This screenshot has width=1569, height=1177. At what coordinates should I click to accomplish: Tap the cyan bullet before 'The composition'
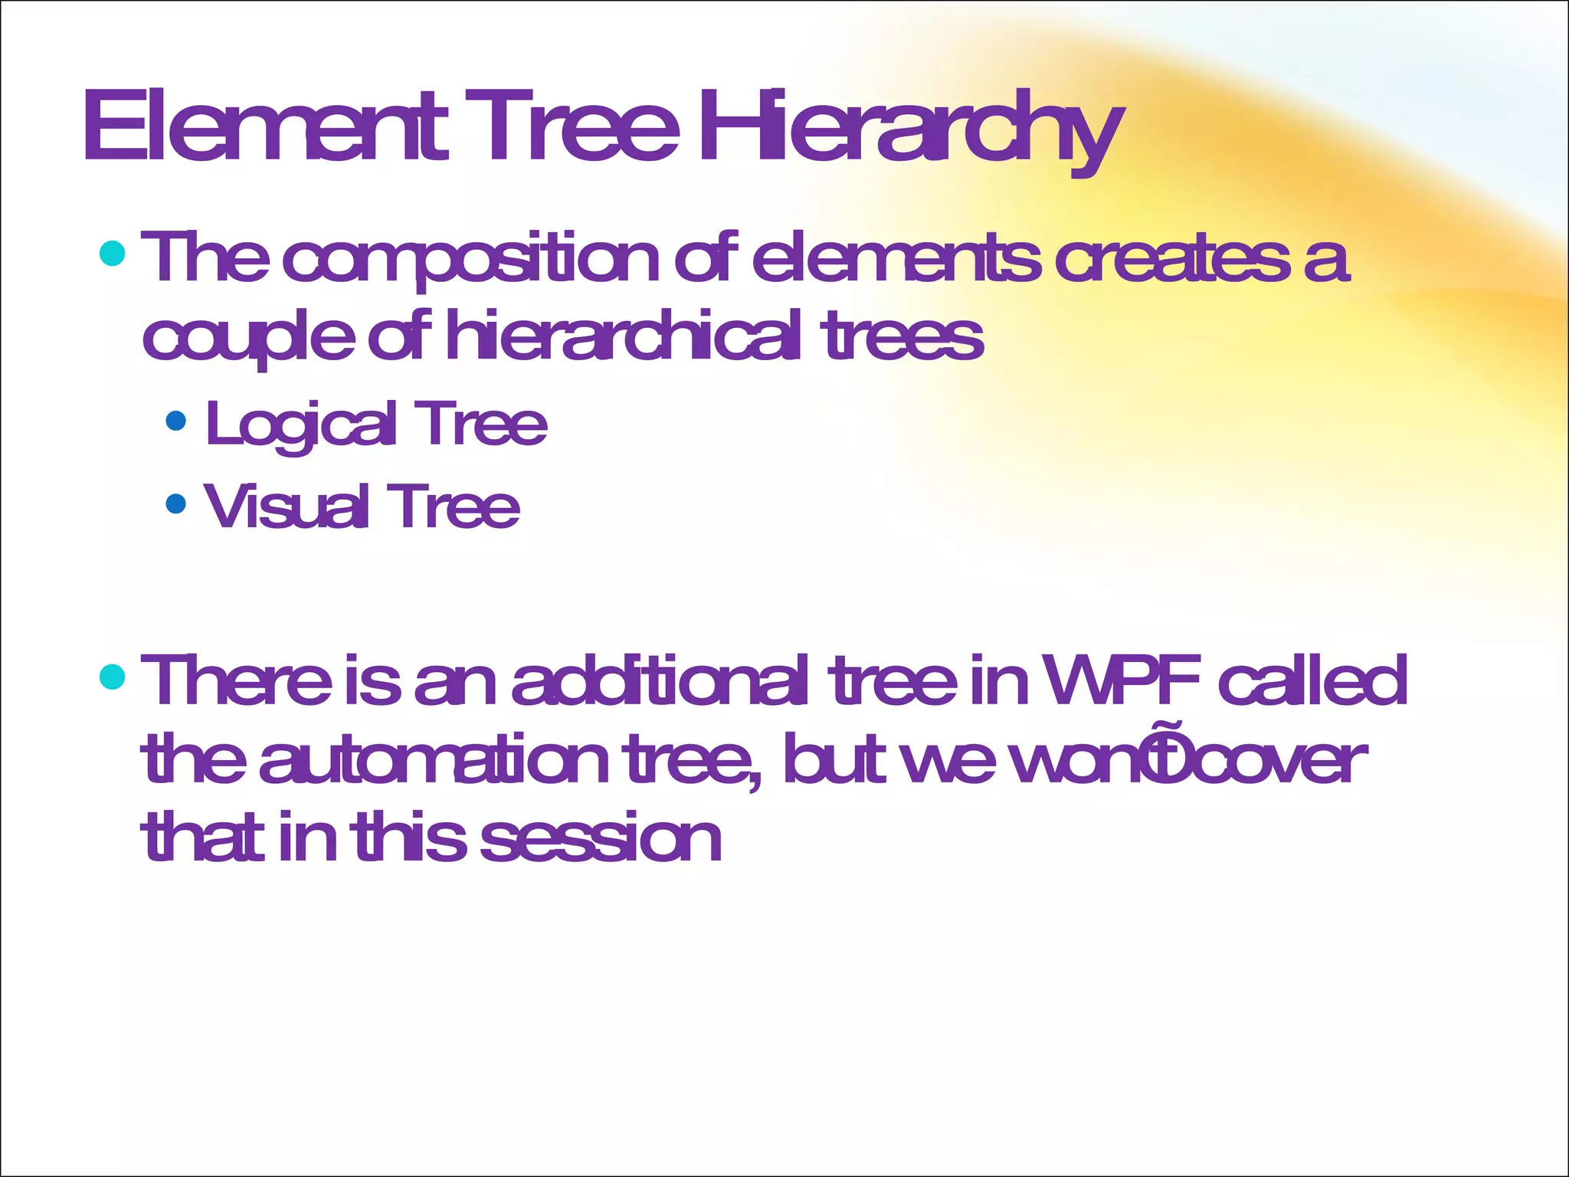click(113, 253)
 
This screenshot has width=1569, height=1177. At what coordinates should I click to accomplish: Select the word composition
click(470, 261)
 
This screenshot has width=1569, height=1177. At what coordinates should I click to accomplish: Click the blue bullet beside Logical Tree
click(176, 421)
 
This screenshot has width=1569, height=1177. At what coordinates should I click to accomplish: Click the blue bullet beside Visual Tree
click(176, 503)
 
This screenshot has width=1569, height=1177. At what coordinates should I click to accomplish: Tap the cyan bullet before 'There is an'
click(113, 677)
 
